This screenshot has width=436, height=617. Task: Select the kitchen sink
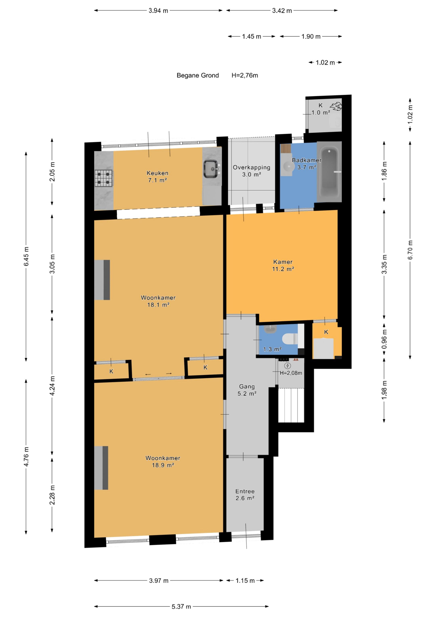point(211,169)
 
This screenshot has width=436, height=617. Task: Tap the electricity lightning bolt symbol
point(288,366)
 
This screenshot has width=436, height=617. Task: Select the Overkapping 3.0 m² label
point(252,171)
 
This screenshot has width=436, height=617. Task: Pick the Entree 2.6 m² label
point(245,495)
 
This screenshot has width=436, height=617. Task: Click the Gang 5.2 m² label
point(247,390)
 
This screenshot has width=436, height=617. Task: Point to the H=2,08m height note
point(291,373)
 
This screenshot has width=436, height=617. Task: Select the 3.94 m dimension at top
point(158,11)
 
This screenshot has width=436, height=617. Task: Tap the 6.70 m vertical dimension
point(410,250)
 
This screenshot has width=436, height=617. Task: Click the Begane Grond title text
point(198,75)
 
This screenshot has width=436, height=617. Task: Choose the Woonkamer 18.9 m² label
point(163,461)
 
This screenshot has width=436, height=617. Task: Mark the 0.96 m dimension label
point(384,339)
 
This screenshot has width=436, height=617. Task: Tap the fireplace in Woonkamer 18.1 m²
point(102,280)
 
